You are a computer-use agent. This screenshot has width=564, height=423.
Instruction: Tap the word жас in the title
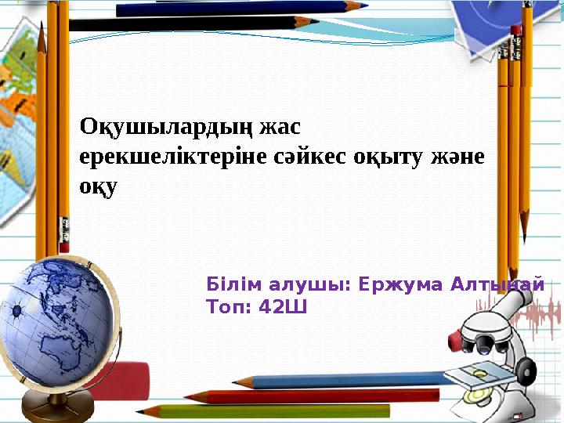tap(280, 127)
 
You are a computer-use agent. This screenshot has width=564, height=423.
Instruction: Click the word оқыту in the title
tap(387, 158)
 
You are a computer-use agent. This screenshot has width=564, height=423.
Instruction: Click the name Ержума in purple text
tap(400, 284)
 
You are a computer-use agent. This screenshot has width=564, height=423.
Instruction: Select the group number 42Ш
tap(283, 307)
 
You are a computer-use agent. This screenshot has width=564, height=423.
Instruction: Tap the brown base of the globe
tap(58, 407)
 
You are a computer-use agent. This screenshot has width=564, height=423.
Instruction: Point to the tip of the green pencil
tap(137, 412)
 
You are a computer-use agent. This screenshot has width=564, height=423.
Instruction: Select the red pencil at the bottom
tap(312, 396)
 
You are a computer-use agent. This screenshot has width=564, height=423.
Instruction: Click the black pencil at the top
tap(193, 23)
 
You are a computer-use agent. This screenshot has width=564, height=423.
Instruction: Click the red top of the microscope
tap(456, 341)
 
